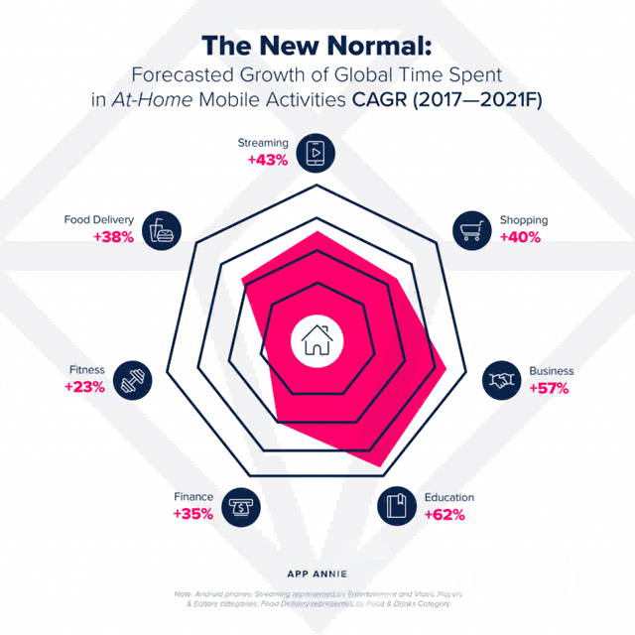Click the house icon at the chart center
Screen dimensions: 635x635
(x=317, y=341)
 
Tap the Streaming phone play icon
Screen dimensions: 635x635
(x=317, y=152)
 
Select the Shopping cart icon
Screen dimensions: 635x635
(x=472, y=229)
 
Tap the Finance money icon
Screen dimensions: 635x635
(x=239, y=506)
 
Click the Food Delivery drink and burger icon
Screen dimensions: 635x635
(x=161, y=229)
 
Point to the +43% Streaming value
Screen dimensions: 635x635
(x=267, y=160)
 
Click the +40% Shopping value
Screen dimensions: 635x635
(x=520, y=237)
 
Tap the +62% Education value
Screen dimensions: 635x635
(x=444, y=514)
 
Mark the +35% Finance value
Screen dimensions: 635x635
(x=192, y=514)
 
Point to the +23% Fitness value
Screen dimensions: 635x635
(x=84, y=388)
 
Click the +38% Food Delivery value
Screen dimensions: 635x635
(x=113, y=237)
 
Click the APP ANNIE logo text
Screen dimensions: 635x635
(x=317, y=572)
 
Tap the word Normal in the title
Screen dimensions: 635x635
(x=377, y=46)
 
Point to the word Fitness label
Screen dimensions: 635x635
(x=87, y=371)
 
